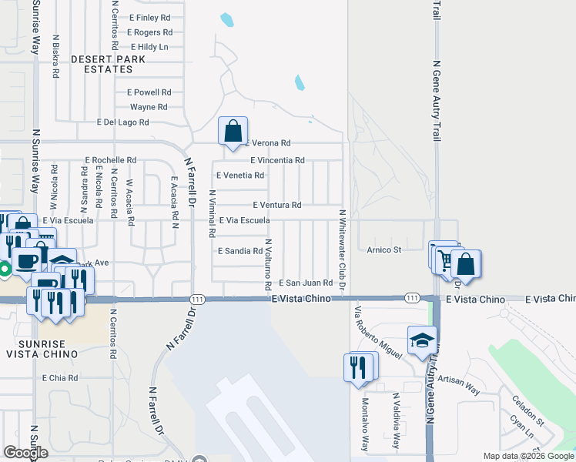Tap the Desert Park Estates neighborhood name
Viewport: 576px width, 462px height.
pyautogui.click(x=102, y=64)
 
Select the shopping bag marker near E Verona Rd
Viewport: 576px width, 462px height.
pyautogui.click(x=233, y=132)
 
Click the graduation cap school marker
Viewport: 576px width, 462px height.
pyautogui.click(x=422, y=342)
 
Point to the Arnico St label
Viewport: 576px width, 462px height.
pyautogui.click(x=384, y=249)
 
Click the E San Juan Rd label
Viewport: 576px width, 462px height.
pyautogui.click(x=306, y=283)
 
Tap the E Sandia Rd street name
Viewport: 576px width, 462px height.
pyautogui.click(x=240, y=251)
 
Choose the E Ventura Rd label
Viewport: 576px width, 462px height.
pyautogui.click(x=277, y=206)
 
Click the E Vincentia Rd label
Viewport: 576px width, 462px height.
pyautogui.click(x=278, y=160)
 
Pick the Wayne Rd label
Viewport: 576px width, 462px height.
pyautogui.click(x=149, y=107)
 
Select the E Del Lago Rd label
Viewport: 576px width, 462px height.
pyautogui.click(x=122, y=122)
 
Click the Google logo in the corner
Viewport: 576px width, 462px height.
pyautogui.click(x=25, y=453)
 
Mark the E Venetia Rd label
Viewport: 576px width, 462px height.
pyautogui.click(x=240, y=176)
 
